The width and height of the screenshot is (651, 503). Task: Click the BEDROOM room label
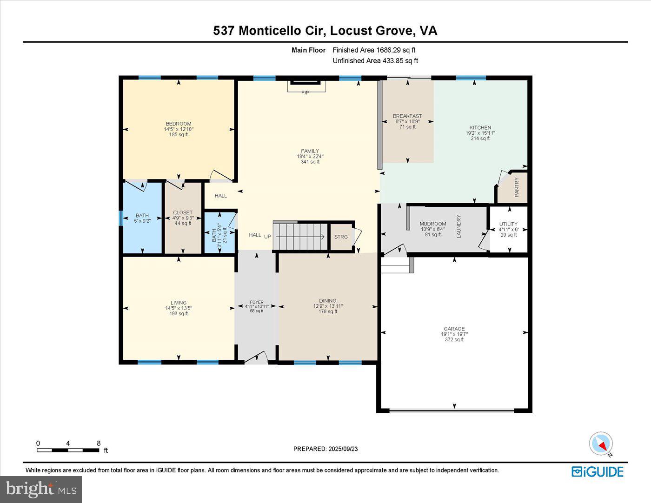179,124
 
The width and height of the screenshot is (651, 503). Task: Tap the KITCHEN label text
480,127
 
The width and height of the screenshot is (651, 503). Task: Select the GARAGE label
454,329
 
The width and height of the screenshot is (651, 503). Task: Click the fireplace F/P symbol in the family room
306,93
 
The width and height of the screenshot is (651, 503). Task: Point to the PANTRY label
517,188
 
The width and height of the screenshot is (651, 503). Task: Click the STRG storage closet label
341,237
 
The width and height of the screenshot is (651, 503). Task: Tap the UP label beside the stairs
268,237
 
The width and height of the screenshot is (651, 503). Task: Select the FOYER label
256,301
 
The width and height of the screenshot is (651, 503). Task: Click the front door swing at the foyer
256,358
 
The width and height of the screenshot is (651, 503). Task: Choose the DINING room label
327,301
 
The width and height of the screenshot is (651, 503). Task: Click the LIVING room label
179,303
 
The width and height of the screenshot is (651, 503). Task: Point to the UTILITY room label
508,224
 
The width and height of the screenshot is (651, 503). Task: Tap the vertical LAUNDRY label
458,226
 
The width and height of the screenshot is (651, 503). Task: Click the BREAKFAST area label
407,116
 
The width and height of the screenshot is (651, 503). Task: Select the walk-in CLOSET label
182,212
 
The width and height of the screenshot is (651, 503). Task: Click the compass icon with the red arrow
601,443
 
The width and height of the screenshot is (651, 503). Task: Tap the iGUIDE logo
598,471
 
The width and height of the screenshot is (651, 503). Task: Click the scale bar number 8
99,443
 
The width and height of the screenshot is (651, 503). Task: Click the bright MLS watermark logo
41,489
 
